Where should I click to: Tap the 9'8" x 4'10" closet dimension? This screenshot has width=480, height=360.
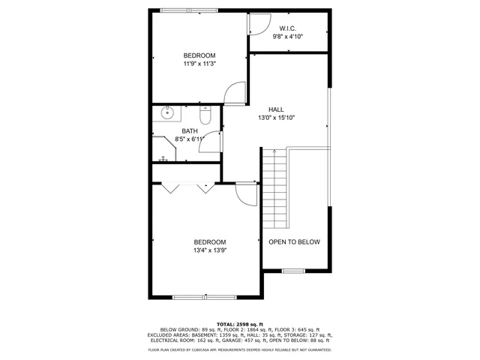[x=287, y=37]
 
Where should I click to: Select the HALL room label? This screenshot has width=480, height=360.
[x=276, y=109]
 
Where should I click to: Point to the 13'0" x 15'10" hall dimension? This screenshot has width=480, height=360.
[x=276, y=118]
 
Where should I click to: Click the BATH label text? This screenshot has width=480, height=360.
[x=189, y=131]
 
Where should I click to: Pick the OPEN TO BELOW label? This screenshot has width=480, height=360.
[x=294, y=241]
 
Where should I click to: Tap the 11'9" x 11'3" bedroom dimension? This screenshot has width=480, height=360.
[x=199, y=64]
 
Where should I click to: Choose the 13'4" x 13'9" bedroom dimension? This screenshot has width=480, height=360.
[x=210, y=250]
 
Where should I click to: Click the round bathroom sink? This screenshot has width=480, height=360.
[x=167, y=114]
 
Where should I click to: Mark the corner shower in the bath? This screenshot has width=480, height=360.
[x=164, y=148]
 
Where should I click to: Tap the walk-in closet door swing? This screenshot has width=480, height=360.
[x=259, y=24]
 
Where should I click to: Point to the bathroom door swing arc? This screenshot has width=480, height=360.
[x=211, y=142]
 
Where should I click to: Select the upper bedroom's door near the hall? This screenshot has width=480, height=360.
[x=235, y=92]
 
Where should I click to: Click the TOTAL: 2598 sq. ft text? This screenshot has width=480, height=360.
[x=240, y=323]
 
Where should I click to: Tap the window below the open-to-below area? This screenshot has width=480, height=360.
[x=293, y=270]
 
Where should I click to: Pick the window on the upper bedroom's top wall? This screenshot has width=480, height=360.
[x=190, y=10]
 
